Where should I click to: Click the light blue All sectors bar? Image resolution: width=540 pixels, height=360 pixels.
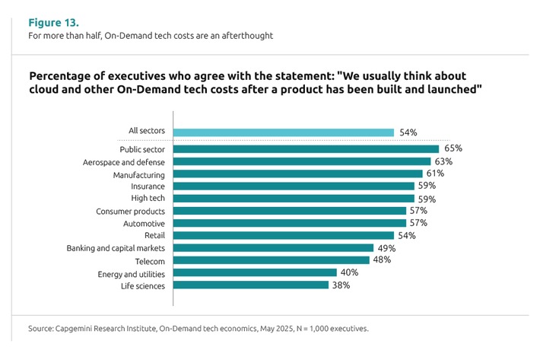pyautogui.click(x=284, y=132)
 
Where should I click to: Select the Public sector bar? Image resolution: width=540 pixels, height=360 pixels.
pyautogui.click(x=306, y=149)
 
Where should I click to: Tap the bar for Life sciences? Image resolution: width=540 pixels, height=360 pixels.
pyautogui.click(x=251, y=285)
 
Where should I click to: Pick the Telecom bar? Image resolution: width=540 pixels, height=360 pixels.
pyautogui.click(x=271, y=260)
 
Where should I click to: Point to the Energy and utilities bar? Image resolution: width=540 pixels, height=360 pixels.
pyautogui.click(x=255, y=272)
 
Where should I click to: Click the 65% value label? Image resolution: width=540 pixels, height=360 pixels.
pyautogui.click(x=453, y=149)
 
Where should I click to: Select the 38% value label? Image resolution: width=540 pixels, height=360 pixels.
pyautogui.click(x=341, y=285)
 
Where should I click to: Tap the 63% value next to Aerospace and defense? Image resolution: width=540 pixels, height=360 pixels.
pyautogui.click(x=443, y=161)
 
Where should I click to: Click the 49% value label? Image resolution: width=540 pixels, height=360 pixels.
pyautogui.click(x=386, y=248)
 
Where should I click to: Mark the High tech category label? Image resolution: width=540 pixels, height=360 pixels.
pyautogui.click(x=148, y=199)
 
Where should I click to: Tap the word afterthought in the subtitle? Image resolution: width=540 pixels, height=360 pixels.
pyautogui.click(x=247, y=36)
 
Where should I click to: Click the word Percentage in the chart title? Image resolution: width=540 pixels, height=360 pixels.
pyautogui.click(x=61, y=77)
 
